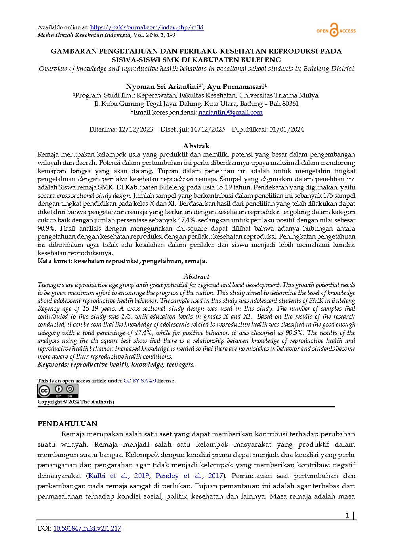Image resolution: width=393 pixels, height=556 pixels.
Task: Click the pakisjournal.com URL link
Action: [147, 27]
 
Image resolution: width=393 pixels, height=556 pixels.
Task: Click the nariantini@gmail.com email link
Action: [230, 113]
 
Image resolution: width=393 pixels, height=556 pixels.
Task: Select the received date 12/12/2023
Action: [135, 130]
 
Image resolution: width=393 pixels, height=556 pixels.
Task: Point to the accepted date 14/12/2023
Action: [207, 130]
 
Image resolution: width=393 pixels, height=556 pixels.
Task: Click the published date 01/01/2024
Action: [286, 130]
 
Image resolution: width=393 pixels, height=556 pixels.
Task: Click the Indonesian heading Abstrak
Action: [196, 146]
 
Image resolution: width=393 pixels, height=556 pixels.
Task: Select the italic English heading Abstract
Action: [196, 277]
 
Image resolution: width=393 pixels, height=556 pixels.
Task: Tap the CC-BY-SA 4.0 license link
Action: [139, 381]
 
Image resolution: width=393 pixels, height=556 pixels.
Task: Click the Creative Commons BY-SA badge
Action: [58, 391]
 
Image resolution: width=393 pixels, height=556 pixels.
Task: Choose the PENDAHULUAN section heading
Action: [67, 424]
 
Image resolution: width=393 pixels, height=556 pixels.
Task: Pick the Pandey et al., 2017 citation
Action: [189, 476]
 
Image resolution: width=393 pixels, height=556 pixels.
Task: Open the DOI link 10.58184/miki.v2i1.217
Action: [87, 528]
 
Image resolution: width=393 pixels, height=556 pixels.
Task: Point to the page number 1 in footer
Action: [347, 515]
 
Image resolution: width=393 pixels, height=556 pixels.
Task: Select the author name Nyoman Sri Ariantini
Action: [162, 86]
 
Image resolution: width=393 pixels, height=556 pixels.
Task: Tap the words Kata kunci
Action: [55, 261]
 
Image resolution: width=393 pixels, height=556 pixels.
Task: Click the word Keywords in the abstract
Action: [53, 365]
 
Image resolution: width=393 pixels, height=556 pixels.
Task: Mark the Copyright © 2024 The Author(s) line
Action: [76, 402]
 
